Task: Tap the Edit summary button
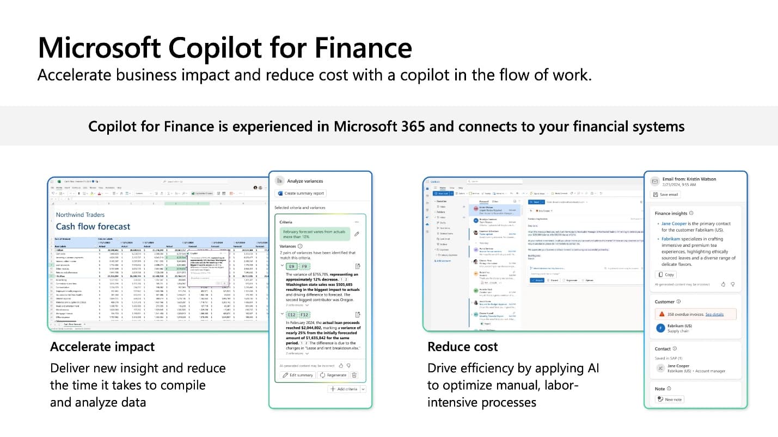tap(297, 375)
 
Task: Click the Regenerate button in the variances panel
tap(334, 375)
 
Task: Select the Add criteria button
tap(344, 389)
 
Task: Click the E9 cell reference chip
tap(291, 267)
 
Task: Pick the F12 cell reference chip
tap(304, 315)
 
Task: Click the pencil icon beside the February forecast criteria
tap(357, 234)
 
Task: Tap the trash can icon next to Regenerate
tap(354, 375)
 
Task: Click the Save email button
tap(665, 195)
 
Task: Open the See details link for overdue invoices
tap(714, 314)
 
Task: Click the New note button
tap(670, 399)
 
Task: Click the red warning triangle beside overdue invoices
tap(661, 314)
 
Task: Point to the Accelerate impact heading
tap(102, 347)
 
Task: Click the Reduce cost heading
tap(462, 347)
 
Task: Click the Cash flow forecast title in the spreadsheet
tap(93, 226)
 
